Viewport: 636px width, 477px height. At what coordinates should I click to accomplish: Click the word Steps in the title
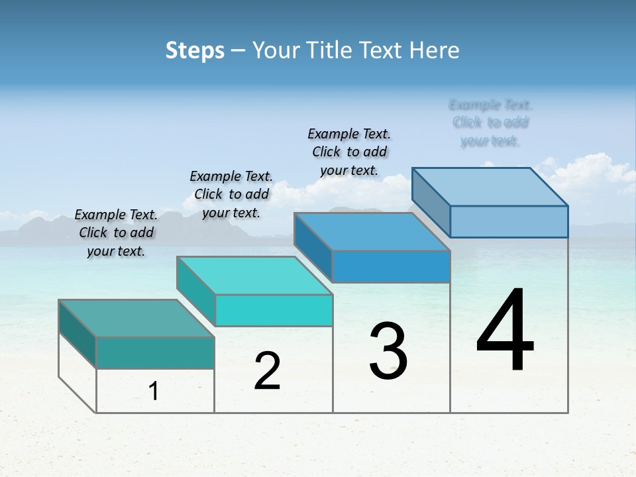tap(195, 50)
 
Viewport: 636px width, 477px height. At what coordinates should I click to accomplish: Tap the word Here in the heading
tap(436, 50)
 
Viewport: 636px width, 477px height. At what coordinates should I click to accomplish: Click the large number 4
tap(505, 331)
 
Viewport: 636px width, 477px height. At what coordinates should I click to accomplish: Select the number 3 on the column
tap(388, 351)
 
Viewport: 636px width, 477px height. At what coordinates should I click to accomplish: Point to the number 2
tap(268, 371)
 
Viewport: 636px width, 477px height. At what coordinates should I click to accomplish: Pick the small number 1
tap(154, 392)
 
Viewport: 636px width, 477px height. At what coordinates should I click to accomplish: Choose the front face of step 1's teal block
tap(155, 352)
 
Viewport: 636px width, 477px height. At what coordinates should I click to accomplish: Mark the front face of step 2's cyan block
tap(274, 310)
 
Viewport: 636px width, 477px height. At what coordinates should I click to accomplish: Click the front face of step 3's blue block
tap(391, 266)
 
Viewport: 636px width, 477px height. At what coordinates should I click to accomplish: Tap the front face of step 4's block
tap(509, 221)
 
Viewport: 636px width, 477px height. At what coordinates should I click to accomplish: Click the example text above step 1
tap(116, 233)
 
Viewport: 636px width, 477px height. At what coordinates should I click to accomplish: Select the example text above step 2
tap(231, 194)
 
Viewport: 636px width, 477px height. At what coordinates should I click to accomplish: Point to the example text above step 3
tap(349, 152)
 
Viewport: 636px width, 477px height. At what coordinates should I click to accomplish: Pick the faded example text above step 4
tap(490, 123)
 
